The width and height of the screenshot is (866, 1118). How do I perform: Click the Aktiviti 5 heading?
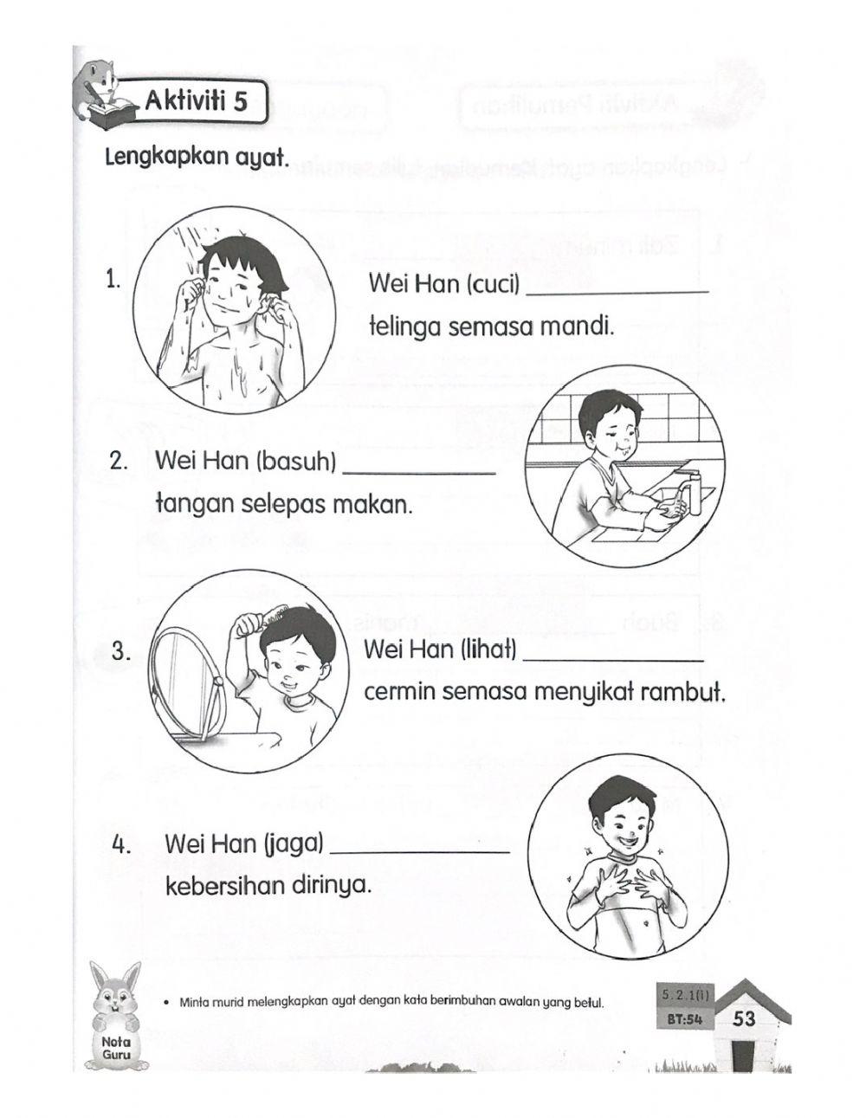tap(195, 102)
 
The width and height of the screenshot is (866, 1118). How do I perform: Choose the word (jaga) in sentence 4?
tap(294, 843)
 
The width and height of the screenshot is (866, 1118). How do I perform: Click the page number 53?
tap(744, 1018)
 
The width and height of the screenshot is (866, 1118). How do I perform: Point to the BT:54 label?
tap(684, 1019)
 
